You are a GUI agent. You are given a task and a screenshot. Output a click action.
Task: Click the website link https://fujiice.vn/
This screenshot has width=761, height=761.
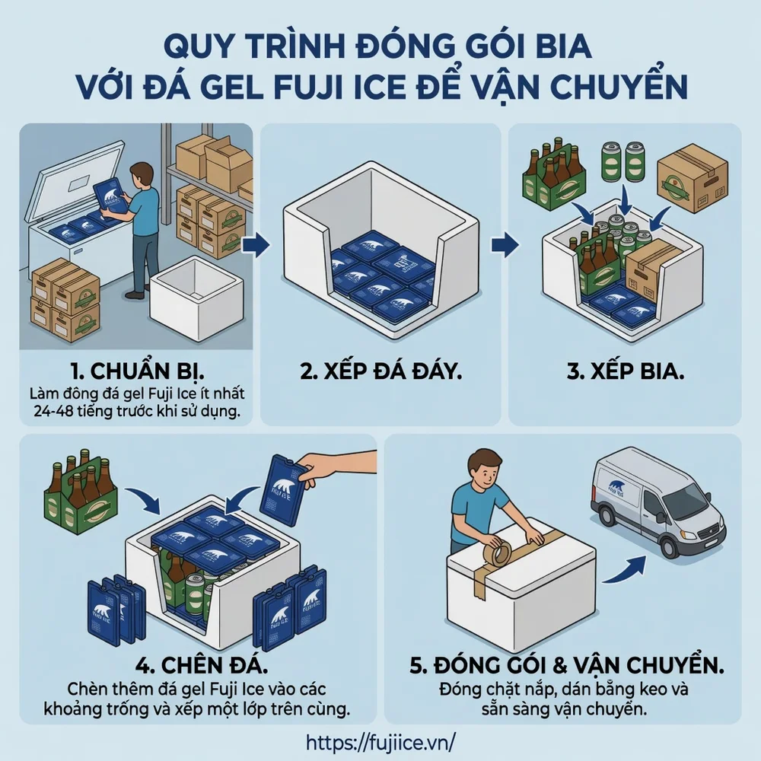click(380, 741)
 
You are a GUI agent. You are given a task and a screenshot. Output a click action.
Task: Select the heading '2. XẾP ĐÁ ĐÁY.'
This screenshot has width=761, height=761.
click(380, 372)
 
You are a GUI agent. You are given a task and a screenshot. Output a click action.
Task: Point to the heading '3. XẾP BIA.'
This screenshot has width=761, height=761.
click(625, 372)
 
